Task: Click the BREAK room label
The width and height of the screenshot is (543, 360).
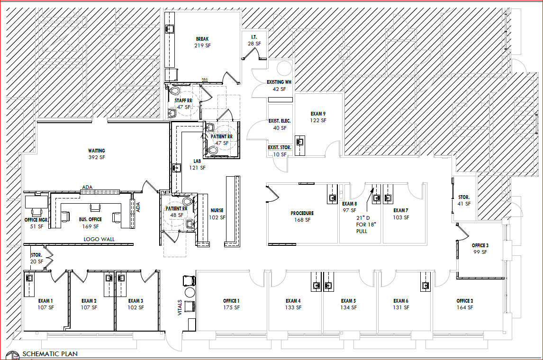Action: pyautogui.click(x=202, y=39)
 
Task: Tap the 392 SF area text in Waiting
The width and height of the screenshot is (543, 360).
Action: pyautogui.click(x=96, y=157)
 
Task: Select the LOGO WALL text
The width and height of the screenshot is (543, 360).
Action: pyautogui.click(x=99, y=239)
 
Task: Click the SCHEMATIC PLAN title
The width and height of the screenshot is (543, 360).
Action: pyautogui.click(x=50, y=354)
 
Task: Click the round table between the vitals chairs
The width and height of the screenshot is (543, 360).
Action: pyautogui.click(x=190, y=292)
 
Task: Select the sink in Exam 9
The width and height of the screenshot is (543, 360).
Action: pyautogui.click(x=299, y=141)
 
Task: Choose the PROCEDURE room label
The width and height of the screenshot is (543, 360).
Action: pyautogui.click(x=302, y=213)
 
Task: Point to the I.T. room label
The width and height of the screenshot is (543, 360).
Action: pyautogui.click(x=254, y=36)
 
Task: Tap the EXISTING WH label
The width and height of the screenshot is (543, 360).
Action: pyautogui.click(x=279, y=82)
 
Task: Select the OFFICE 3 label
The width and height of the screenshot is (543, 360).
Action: pyautogui.click(x=480, y=245)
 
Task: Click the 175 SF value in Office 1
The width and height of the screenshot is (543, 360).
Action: pyautogui.click(x=231, y=307)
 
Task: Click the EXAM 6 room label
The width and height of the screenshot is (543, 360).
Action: pyautogui.click(x=401, y=301)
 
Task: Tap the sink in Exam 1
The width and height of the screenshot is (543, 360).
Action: pyautogui.click(x=29, y=278)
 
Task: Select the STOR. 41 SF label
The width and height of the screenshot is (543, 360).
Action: pyautogui.click(x=463, y=197)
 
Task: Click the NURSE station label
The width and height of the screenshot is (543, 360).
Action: pyautogui.click(x=217, y=210)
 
